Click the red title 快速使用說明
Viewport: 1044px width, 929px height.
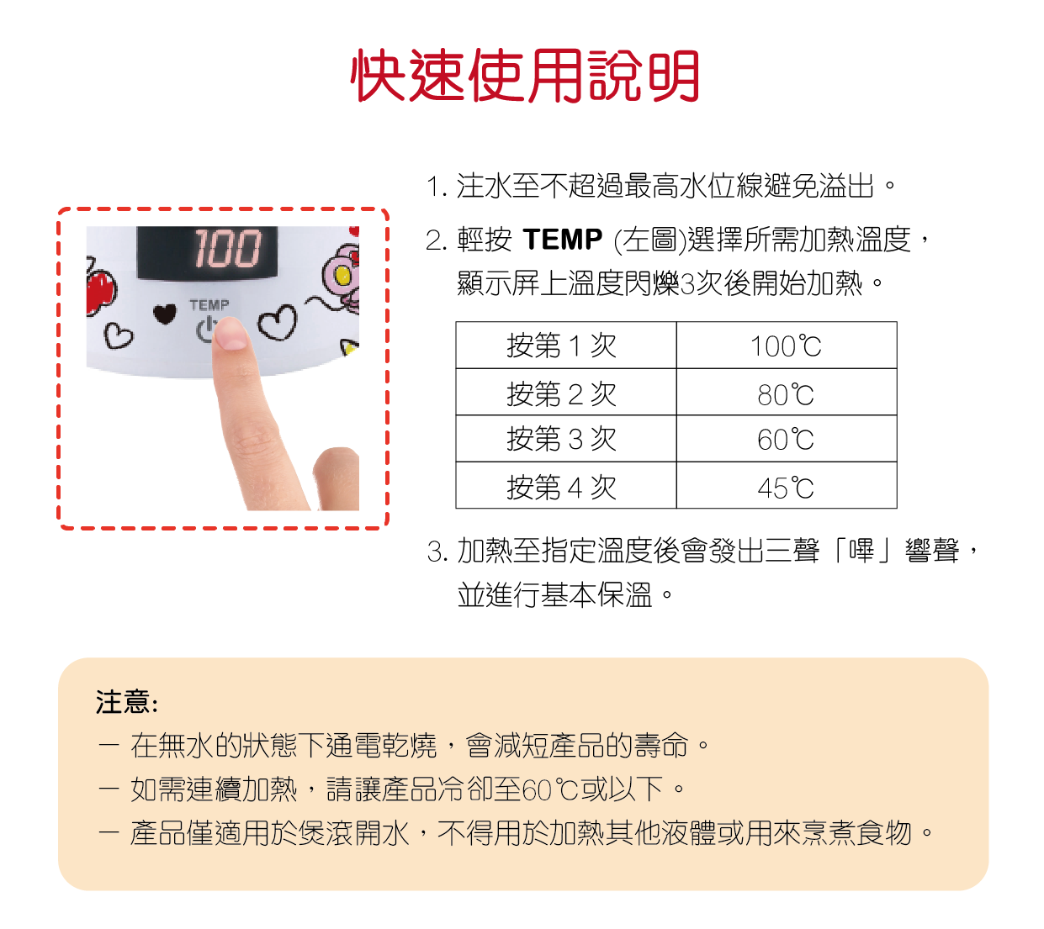(x=524, y=76)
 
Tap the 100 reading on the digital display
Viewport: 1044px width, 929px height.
(x=227, y=249)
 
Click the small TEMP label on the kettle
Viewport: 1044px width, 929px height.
(x=209, y=305)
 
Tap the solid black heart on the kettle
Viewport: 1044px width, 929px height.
(x=165, y=313)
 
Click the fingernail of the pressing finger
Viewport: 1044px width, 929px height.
(x=231, y=335)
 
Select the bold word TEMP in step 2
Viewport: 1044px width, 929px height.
(x=562, y=240)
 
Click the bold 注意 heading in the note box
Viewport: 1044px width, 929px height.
(x=126, y=702)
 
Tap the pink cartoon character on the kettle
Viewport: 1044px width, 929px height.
(x=341, y=277)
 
